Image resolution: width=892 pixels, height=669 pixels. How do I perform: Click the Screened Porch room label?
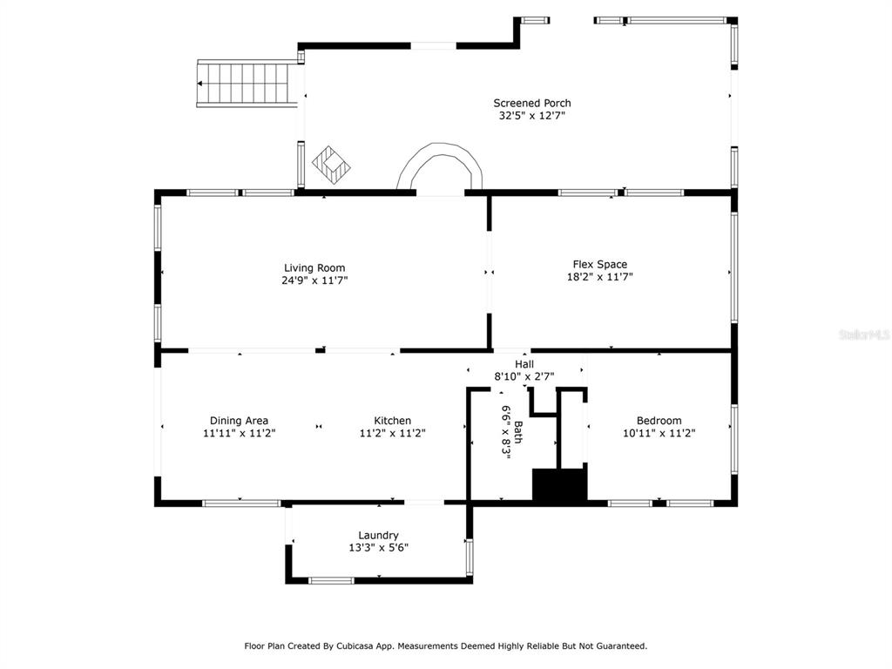click(532, 103)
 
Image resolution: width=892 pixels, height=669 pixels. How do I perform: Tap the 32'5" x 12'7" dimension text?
click(532, 116)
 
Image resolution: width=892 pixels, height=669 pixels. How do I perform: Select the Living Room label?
click(314, 268)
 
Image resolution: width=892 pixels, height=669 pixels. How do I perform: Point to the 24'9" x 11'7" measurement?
click(314, 280)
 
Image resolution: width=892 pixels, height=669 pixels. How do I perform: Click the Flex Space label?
click(600, 265)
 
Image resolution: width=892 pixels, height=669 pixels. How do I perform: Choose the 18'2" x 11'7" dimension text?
click(600, 277)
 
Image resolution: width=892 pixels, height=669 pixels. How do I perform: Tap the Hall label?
click(524, 364)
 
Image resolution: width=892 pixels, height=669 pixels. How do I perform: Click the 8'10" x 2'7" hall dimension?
click(524, 376)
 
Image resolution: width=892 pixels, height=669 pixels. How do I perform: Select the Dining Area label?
click(239, 421)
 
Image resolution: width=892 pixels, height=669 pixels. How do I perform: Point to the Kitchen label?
click(393, 421)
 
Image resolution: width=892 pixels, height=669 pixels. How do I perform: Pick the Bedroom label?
click(659, 421)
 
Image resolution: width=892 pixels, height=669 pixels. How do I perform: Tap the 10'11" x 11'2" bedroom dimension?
click(659, 433)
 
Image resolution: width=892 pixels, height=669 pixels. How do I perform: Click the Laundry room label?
click(378, 536)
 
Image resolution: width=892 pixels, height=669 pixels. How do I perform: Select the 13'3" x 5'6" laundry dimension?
click(378, 548)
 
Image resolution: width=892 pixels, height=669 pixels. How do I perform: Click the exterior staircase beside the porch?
click(247, 83)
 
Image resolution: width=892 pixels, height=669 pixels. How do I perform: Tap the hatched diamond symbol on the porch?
click(331, 165)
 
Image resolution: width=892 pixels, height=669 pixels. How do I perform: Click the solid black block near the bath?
click(558, 484)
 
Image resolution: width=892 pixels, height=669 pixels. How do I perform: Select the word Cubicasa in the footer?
click(358, 646)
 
